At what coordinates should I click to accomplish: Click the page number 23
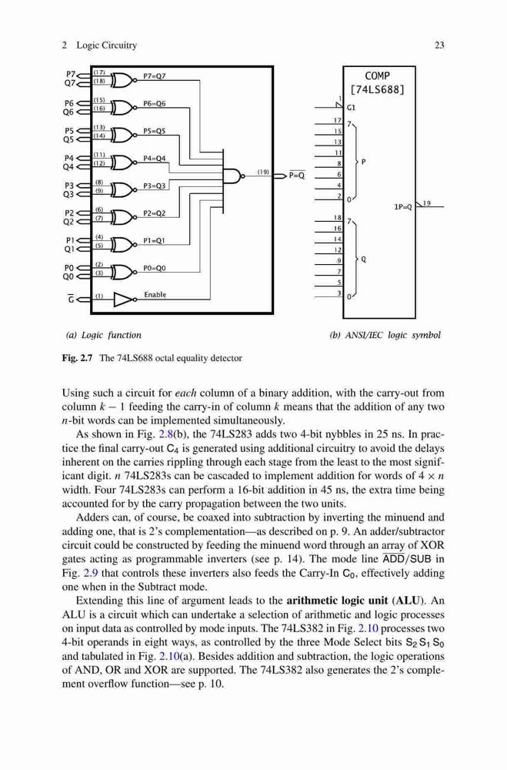pos(439,45)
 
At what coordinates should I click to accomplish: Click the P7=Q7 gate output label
pos(155,75)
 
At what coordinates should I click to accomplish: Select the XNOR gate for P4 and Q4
pos(122,162)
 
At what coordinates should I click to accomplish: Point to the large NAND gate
pos(234,175)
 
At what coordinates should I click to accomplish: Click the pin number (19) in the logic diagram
pos(263,172)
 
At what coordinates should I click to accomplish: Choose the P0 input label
pos(69,268)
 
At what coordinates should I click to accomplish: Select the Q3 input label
pos(68,195)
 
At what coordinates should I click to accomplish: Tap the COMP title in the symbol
pos(378,76)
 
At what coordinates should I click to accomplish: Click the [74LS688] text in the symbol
pos(378,90)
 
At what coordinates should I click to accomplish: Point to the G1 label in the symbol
pos(352,107)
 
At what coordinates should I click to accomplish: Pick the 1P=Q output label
pos(403,207)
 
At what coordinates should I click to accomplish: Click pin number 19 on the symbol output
pos(426,203)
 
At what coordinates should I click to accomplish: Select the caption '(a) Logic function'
pos(104,336)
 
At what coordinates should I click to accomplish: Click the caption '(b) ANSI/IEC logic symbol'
pos(385,336)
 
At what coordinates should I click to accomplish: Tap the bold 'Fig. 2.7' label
pos(78,358)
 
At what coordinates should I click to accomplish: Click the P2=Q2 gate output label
pos(155,213)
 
